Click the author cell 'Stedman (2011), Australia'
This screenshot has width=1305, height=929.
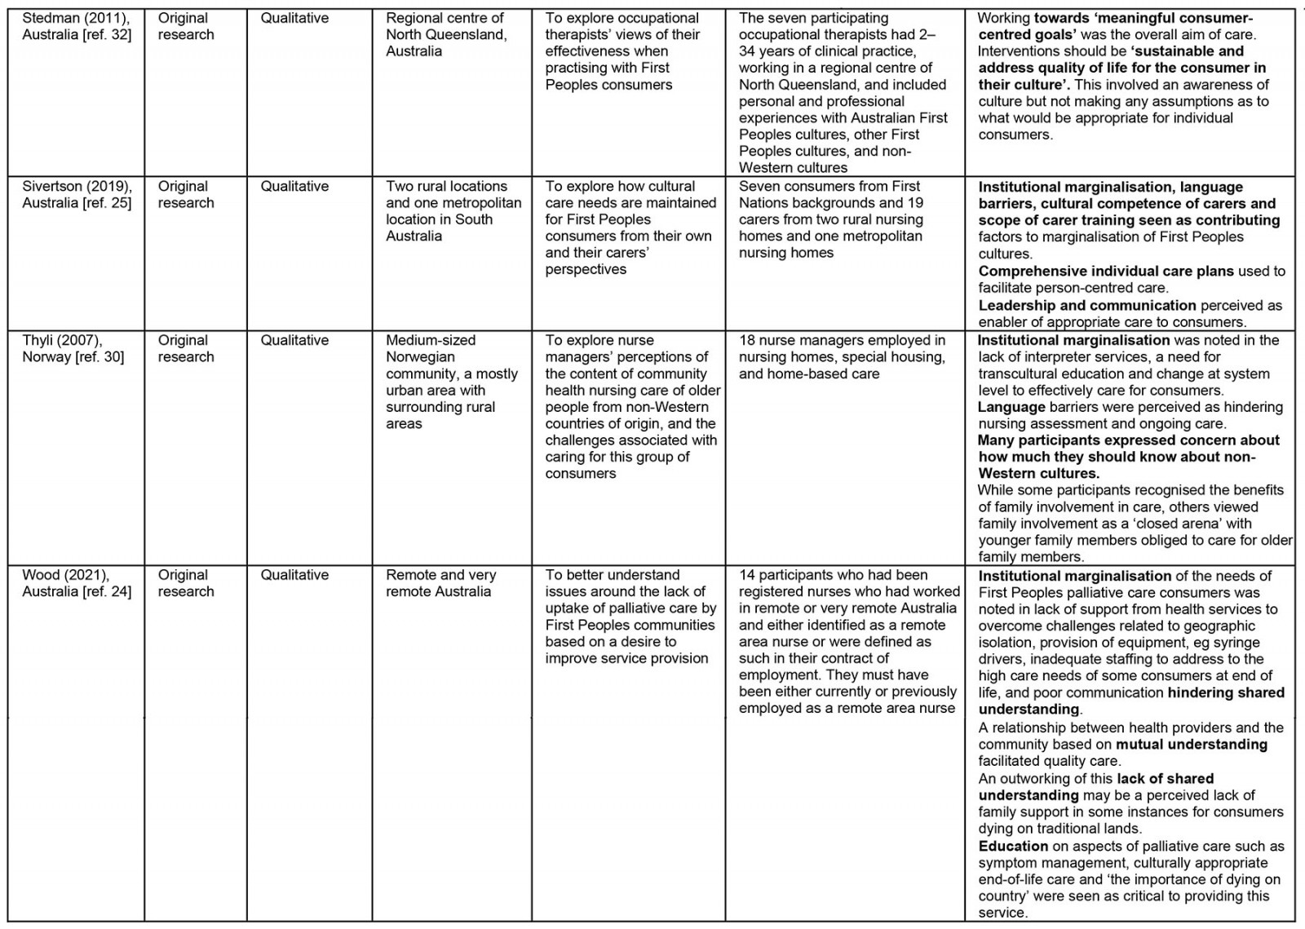click(76, 26)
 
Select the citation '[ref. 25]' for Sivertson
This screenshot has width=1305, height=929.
click(104, 203)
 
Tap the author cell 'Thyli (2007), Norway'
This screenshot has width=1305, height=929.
click(73, 348)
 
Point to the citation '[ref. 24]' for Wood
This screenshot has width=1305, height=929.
click(104, 592)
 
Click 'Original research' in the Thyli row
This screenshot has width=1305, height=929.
click(186, 348)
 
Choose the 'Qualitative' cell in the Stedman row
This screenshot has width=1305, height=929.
click(294, 18)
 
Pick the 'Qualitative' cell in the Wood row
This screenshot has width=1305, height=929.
click(294, 575)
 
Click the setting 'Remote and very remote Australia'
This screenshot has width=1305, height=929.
click(440, 583)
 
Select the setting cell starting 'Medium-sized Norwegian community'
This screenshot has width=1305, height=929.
click(451, 382)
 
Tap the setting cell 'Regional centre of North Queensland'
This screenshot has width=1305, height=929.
click(446, 34)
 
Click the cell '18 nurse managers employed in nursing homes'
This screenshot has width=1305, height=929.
click(842, 356)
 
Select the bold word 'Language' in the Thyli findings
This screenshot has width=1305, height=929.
click(1011, 407)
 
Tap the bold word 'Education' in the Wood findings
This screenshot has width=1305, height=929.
click(1013, 847)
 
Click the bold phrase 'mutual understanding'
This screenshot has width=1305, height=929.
click(1192, 745)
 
